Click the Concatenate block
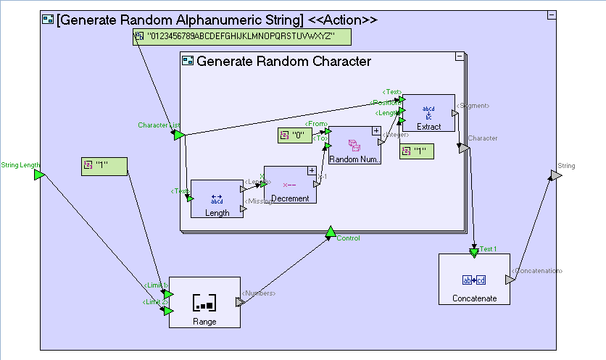(x=474, y=279)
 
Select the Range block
(x=204, y=302)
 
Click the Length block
(x=217, y=198)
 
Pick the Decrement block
(x=290, y=185)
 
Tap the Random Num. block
(x=354, y=145)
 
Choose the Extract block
(x=428, y=113)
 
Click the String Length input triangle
(x=39, y=175)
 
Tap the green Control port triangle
(x=330, y=232)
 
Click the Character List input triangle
(x=178, y=134)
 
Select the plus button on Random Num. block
(x=376, y=131)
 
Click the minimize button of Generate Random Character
(x=459, y=56)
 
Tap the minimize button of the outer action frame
(x=551, y=15)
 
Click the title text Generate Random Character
(x=283, y=62)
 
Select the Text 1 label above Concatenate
(x=489, y=249)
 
